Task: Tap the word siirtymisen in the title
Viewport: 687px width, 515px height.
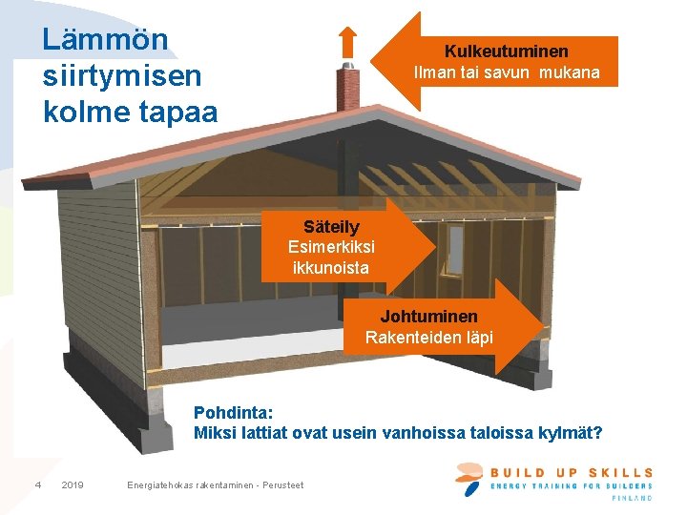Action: (121, 75)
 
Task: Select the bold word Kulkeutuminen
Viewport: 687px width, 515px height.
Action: (507, 51)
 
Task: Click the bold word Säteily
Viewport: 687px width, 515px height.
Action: (331, 227)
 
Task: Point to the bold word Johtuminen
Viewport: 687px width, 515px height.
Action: (429, 316)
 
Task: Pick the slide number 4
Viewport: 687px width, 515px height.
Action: (37, 485)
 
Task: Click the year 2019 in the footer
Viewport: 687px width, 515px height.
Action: (73, 485)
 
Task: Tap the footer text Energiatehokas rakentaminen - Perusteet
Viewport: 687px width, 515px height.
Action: (215, 485)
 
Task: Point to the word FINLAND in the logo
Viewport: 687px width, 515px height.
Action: (632, 498)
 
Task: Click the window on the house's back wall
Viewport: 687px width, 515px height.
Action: (455, 246)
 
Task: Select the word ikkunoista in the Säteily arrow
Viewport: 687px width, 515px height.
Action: (330, 268)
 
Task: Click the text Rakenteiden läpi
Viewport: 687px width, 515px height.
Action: (429, 337)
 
